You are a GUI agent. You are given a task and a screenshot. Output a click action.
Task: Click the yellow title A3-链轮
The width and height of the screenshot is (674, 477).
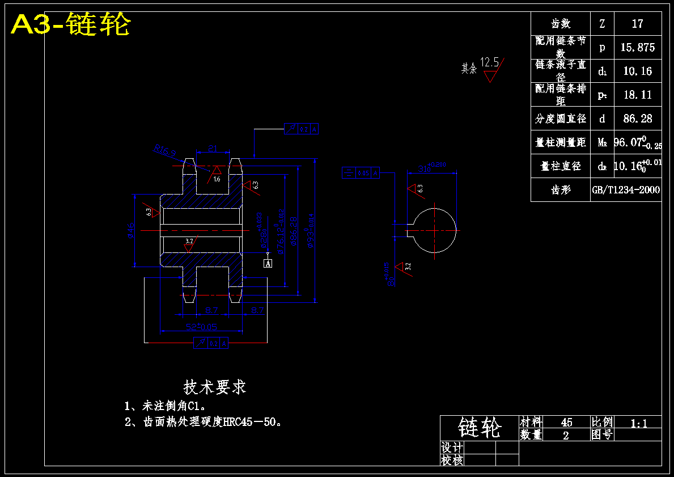pos(71,25)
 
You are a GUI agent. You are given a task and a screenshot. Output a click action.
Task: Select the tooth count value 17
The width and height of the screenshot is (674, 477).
pos(637,24)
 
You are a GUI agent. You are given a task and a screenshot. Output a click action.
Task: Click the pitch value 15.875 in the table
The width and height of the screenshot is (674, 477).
pos(637,48)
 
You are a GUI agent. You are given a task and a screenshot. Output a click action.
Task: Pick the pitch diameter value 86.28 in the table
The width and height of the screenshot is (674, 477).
pos(637,119)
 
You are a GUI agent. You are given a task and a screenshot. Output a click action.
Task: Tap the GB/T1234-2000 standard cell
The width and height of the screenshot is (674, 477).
pos(626,190)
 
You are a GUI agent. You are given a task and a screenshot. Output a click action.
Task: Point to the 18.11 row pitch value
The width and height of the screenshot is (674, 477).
pos(637,95)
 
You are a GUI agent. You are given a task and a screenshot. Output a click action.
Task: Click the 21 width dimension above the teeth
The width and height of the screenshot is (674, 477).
pos(213,149)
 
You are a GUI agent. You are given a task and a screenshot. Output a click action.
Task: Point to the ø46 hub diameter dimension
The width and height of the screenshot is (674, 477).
pos(130,230)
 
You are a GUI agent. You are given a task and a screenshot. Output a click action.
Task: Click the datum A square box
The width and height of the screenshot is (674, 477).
pos(268,263)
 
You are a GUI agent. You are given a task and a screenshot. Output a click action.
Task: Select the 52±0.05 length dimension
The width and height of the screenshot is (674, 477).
pos(201,327)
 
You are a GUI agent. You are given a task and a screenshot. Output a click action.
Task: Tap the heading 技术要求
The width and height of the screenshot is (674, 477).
pos(215,387)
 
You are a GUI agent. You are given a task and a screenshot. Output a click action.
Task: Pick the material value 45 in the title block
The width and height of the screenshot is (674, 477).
pos(566,422)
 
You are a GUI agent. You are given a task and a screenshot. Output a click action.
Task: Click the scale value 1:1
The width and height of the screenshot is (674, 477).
pos(638,422)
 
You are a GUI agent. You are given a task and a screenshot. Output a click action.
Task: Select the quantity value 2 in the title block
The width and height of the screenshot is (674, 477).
pos(566,435)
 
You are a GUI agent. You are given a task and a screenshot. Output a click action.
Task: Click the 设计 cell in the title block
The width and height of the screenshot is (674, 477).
pos(452,448)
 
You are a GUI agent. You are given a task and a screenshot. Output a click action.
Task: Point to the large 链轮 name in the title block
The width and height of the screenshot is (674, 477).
pos(480,428)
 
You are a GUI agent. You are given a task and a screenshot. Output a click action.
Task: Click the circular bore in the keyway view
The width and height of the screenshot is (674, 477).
pos(434,230)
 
